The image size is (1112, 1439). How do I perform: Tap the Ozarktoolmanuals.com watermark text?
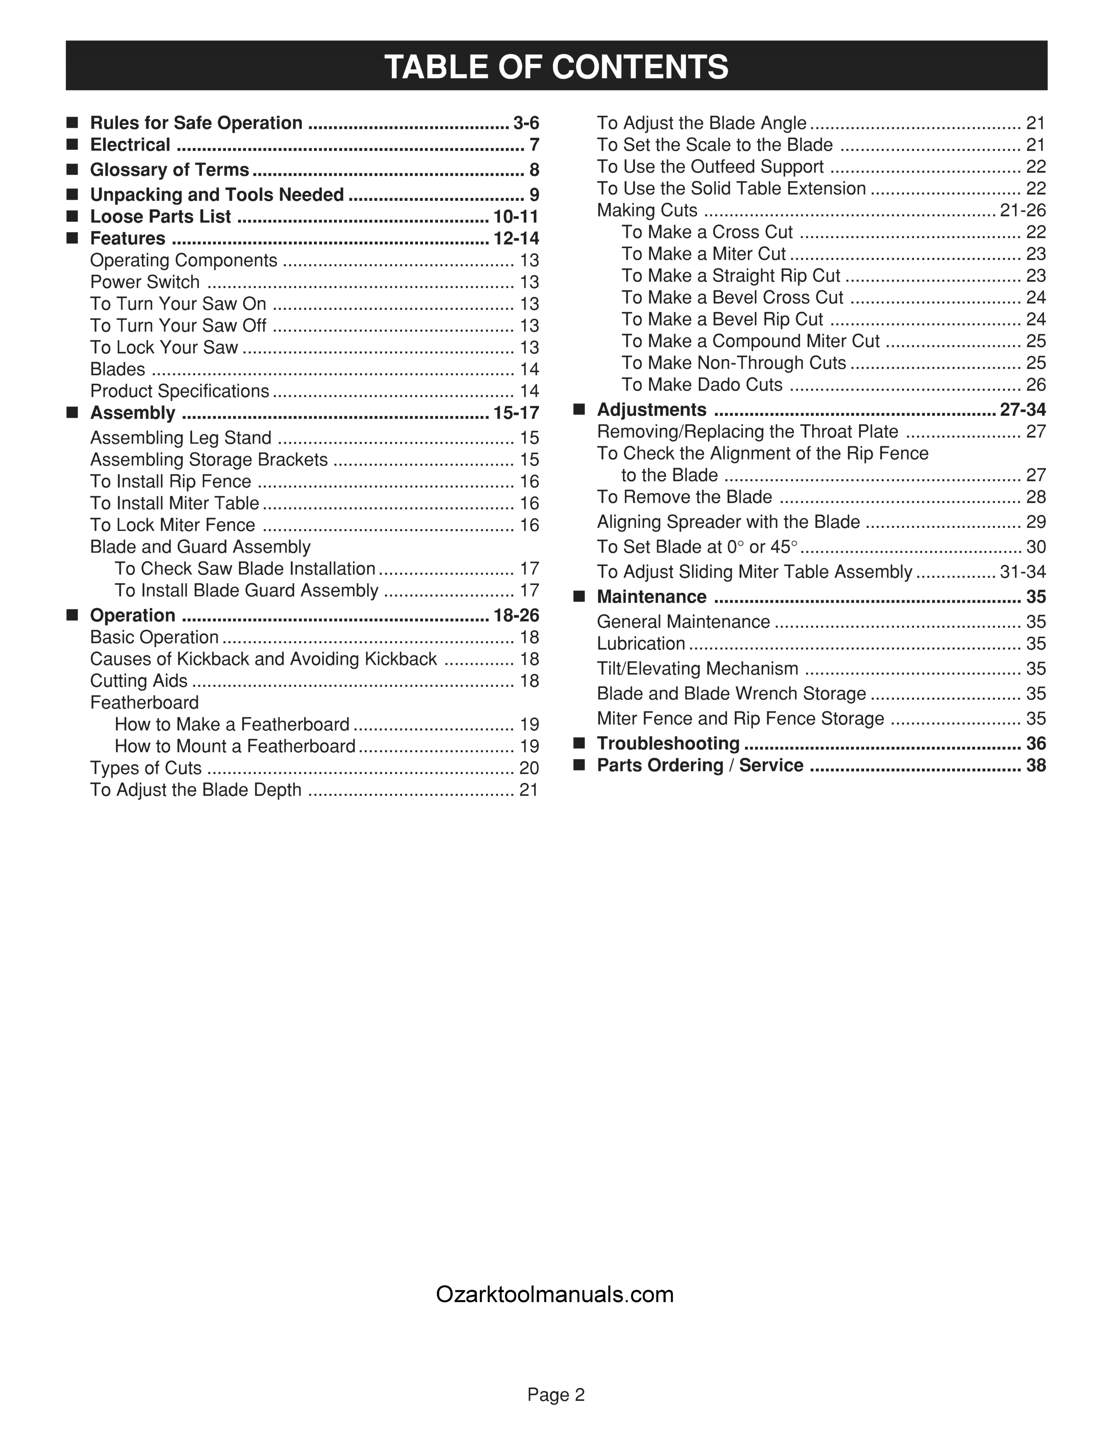click(x=555, y=1294)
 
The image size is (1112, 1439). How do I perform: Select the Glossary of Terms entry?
click(x=169, y=170)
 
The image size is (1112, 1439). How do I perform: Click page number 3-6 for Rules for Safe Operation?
click(x=526, y=123)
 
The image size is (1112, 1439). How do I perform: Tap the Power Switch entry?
click(x=145, y=282)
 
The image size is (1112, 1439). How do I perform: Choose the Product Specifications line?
click(x=180, y=391)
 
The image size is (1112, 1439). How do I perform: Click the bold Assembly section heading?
click(x=132, y=413)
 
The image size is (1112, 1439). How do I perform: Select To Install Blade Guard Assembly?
click(x=246, y=590)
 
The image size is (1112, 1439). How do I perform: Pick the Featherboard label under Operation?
click(x=144, y=702)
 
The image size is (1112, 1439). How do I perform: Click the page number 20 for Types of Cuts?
click(x=529, y=768)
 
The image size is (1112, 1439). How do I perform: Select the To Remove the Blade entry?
click(x=685, y=497)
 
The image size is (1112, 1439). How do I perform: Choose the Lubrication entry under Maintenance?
click(x=641, y=644)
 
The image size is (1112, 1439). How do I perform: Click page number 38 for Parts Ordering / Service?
click(x=1036, y=766)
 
